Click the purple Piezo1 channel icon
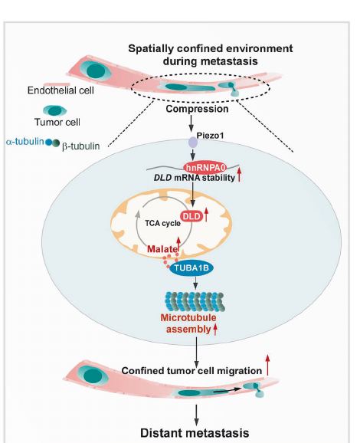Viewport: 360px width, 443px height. (x=193, y=142)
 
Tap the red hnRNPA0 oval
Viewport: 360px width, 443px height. (x=205, y=168)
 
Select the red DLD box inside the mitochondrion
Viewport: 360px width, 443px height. (x=192, y=217)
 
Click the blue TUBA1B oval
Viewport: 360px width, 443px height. (x=191, y=267)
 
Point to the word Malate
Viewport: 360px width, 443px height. (x=162, y=249)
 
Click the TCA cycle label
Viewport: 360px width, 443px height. (x=162, y=223)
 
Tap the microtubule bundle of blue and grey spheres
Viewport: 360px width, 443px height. (x=195, y=302)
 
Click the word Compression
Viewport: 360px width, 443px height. (x=197, y=109)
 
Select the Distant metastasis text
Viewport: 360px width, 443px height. (x=195, y=433)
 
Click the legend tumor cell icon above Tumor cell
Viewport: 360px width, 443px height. (x=55, y=110)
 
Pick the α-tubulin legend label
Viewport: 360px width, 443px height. (x=25, y=142)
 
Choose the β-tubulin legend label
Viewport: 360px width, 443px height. (x=80, y=146)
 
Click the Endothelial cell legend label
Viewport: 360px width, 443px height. (x=61, y=90)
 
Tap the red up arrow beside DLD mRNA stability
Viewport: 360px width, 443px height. (x=240, y=175)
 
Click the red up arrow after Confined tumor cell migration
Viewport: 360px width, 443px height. (x=267, y=365)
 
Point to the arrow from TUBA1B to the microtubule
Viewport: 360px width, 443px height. (x=195, y=283)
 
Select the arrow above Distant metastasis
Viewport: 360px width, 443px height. (x=196, y=415)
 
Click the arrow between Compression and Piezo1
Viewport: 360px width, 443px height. (x=191, y=123)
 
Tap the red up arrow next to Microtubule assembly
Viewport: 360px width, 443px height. (x=215, y=330)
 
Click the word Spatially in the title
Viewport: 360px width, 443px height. (x=151, y=49)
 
